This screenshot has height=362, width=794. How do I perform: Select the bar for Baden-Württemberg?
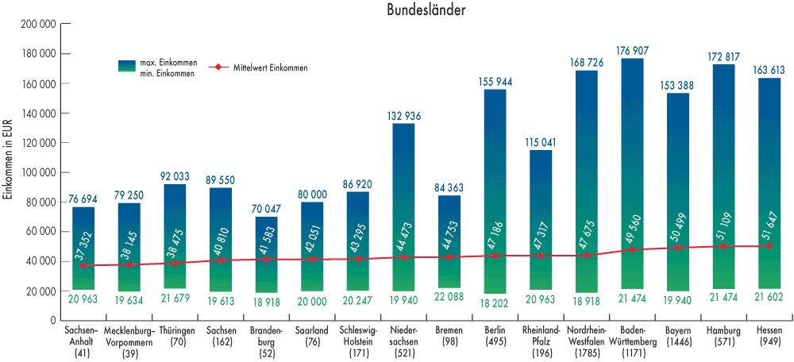632,175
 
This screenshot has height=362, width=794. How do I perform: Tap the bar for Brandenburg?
266,254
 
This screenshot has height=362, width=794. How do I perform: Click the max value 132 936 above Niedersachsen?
403,116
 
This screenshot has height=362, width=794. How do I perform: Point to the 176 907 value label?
632,51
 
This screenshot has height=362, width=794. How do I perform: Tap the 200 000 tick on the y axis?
40,25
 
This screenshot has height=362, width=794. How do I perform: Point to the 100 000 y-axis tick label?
40,172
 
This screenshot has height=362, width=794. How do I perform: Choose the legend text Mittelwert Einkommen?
270,68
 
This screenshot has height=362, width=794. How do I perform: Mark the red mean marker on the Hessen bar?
769,246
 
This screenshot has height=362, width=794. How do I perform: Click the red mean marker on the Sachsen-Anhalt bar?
83,266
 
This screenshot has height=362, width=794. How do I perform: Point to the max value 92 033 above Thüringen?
175,176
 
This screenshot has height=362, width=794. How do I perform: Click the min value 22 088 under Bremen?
449,297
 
